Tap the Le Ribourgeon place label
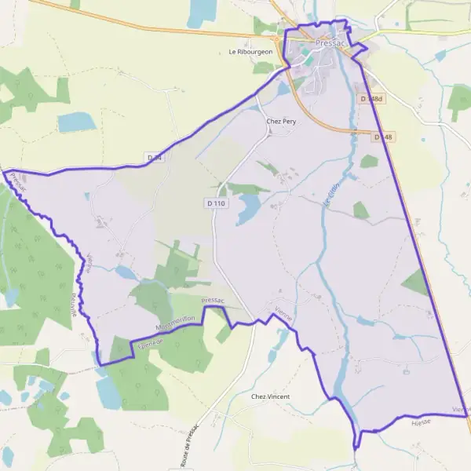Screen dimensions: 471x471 click(x=250, y=52)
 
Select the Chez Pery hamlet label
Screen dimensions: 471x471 click(x=280, y=122)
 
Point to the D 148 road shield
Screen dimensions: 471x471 click(x=382, y=137)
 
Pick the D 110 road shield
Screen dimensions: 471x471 click(x=216, y=203)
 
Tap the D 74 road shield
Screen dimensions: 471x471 click(x=155, y=159)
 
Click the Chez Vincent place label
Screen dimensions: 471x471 click(x=270, y=396)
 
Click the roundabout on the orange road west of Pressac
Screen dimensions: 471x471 click(x=276, y=36)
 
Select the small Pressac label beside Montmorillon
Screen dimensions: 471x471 click(x=213, y=301)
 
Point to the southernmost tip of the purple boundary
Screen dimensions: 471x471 click(x=356, y=447)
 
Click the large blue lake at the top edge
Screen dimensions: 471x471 click(x=202, y=11)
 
